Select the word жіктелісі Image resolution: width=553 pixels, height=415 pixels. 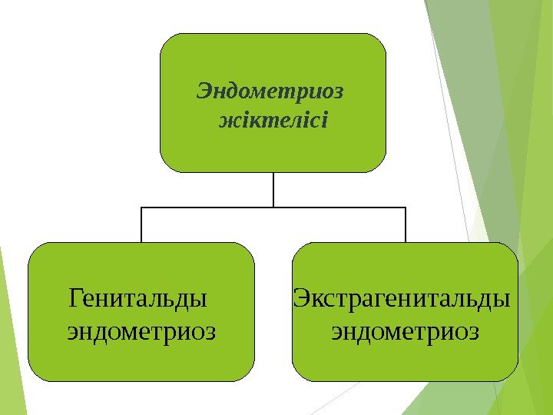coord(273,121)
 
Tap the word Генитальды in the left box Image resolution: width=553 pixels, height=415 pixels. coord(137,297)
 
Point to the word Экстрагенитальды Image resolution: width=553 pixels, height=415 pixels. coord(402,297)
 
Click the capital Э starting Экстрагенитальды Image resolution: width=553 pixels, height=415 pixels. coord(301,297)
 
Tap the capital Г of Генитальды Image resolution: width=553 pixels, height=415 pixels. coord(75,297)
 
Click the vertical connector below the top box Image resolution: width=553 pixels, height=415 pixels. coord(273,189)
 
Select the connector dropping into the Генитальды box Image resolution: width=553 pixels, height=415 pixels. coord(141,225)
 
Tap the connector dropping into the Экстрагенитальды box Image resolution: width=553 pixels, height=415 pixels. coord(406,225)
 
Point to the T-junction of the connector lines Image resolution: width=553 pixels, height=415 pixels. coord(273,207)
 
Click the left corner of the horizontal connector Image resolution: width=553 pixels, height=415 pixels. coord(141,207)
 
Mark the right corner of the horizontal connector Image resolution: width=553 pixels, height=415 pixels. coord(406,207)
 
